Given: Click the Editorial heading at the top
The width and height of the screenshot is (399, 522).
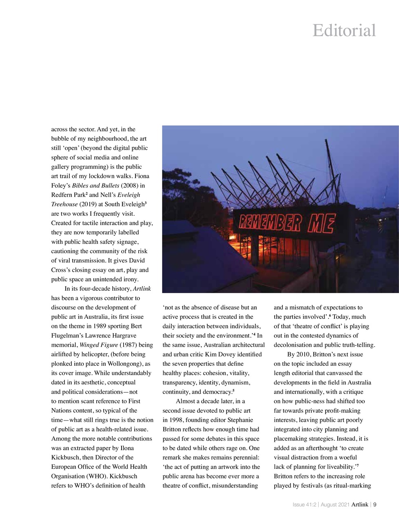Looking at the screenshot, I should coord(344,31).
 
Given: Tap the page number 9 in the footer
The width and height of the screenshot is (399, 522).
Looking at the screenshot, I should coord(375,504).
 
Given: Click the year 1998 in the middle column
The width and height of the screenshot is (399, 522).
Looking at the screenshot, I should coord(177,420).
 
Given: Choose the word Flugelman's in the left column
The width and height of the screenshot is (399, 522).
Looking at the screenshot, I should coord(67,336).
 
